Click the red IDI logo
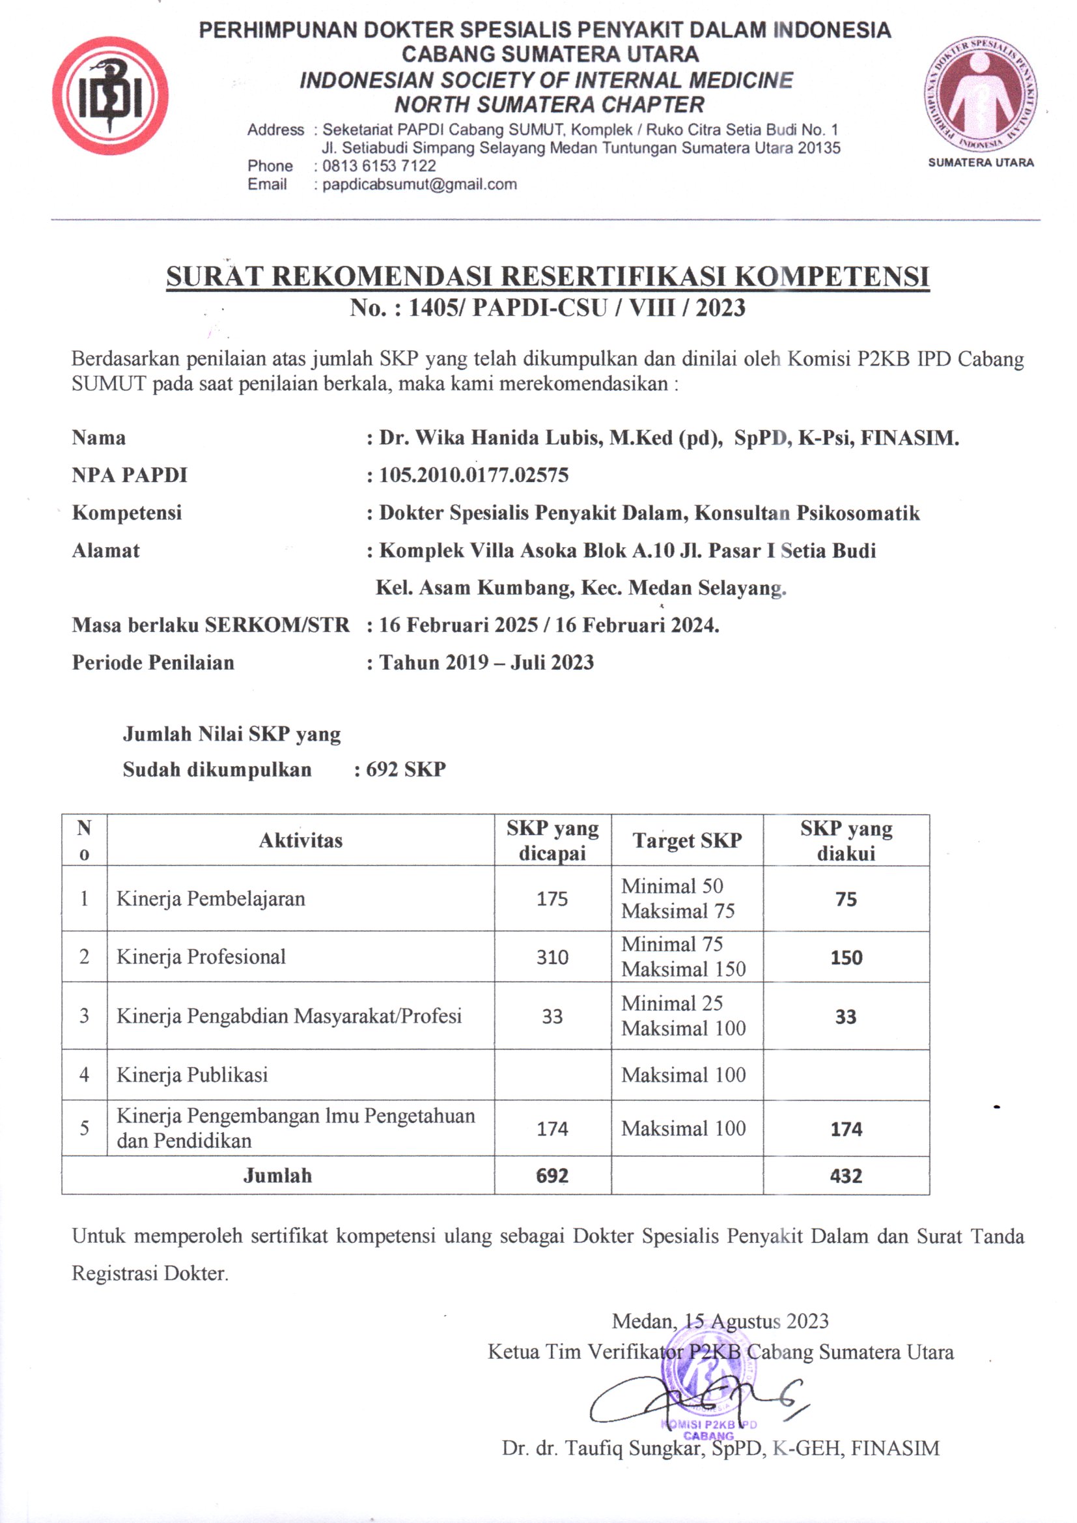coord(110,96)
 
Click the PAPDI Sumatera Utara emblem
coord(981,95)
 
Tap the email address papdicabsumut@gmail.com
coord(419,185)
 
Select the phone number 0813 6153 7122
coord(379,166)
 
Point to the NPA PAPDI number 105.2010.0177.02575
coord(473,475)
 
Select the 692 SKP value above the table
coord(406,769)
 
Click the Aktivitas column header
coord(300,840)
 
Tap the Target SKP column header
coord(686,840)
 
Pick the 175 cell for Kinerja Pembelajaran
coord(552,899)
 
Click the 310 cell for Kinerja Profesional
coord(552,957)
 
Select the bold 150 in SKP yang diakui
coord(846,958)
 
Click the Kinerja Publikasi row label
coord(192,1075)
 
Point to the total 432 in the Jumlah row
coord(846,1176)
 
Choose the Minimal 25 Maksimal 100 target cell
coord(683,1016)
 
